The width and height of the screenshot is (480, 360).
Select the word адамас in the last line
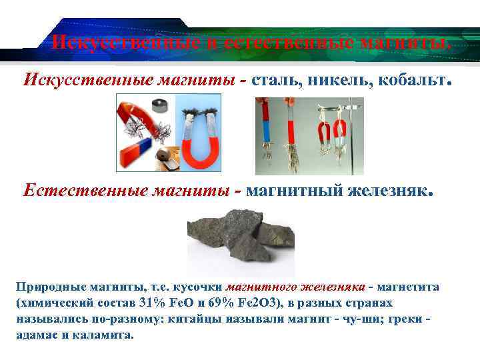[36, 335]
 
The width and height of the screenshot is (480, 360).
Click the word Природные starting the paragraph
[45, 287]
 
